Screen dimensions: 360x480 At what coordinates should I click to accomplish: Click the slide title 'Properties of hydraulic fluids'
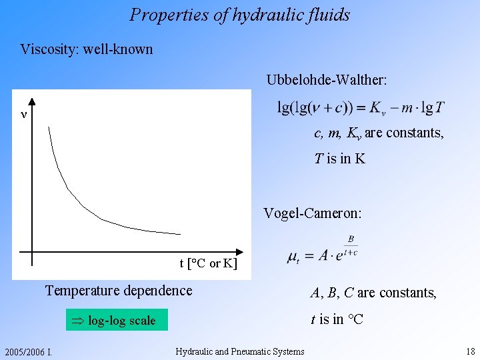[x=240, y=15]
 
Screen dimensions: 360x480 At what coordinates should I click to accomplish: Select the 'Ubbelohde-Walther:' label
[x=327, y=80]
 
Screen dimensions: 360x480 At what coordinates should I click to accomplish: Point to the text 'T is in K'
[x=340, y=159]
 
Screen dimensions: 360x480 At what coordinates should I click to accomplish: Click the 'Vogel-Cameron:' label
[x=313, y=213]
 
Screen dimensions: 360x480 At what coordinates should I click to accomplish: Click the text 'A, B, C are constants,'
[x=373, y=293]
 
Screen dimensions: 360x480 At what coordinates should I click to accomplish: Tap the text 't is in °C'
[x=337, y=319]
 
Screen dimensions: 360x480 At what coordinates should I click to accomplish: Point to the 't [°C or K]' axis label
[x=207, y=263]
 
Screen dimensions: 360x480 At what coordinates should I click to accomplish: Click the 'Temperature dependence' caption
[x=118, y=291]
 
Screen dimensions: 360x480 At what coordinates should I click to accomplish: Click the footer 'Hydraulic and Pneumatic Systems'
[x=240, y=351]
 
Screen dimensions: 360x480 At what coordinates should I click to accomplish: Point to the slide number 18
[x=471, y=351]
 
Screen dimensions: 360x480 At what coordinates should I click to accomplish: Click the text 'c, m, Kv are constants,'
[x=379, y=133]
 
